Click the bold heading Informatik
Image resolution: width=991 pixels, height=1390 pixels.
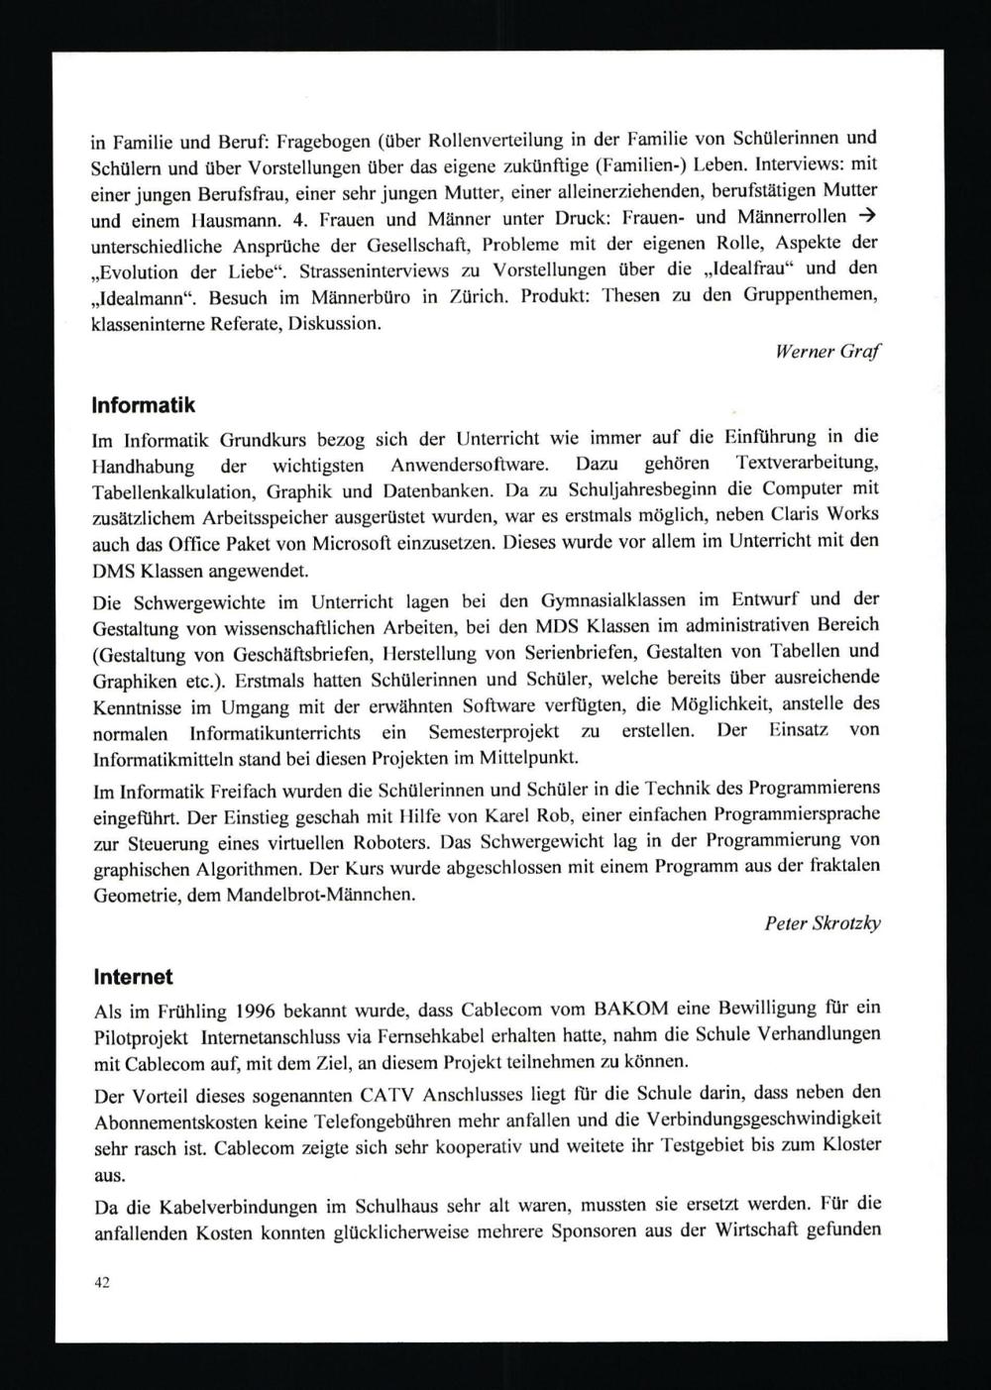(x=143, y=405)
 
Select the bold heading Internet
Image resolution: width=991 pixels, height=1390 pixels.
(x=133, y=977)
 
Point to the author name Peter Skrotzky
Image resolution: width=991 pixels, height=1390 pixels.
(x=823, y=922)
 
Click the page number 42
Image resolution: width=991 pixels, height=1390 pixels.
(x=101, y=1282)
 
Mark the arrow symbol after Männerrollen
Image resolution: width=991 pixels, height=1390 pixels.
(x=868, y=216)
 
